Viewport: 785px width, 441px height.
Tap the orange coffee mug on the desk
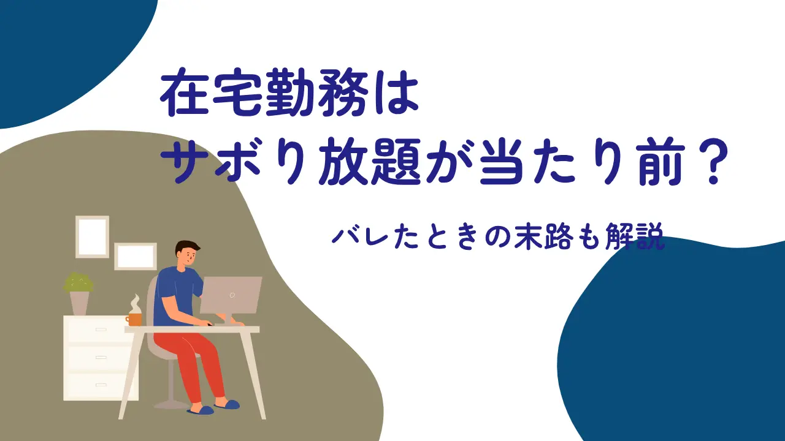click(x=134, y=319)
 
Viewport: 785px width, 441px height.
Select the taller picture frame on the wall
click(x=92, y=236)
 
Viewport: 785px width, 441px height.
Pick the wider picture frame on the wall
click(x=136, y=256)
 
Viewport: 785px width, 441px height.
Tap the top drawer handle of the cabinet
click(x=101, y=330)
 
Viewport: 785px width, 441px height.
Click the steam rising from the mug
click(x=134, y=304)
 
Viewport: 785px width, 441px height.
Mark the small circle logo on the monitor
click(x=232, y=295)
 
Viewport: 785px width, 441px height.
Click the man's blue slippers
click(x=213, y=408)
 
